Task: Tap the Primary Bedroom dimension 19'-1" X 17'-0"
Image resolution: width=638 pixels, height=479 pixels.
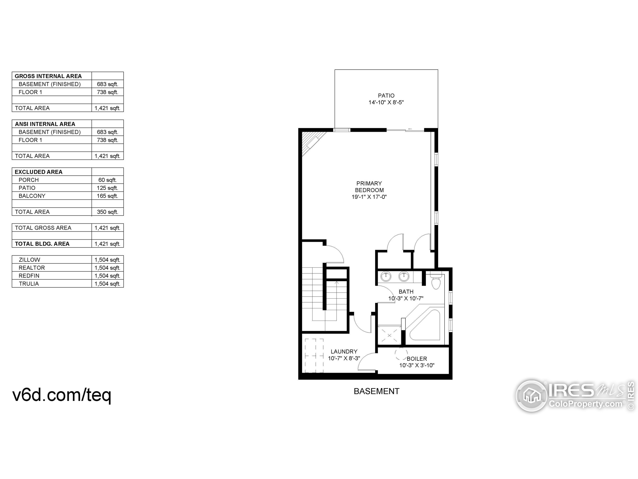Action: pyautogui.click(x=369, y=197)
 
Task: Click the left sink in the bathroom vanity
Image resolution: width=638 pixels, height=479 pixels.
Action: pyautogui.click(x=386, y=276)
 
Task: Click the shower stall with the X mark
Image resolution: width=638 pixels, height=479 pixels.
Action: pyautogui.click(x=389, y=335)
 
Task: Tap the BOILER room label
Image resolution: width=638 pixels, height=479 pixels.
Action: pyautogui.click(x=417, y=359)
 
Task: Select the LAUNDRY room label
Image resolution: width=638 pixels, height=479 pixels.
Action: pyautogui.click(x=344, y=351)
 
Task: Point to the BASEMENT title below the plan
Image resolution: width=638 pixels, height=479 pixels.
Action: pyautogui.click(x=376, y=391)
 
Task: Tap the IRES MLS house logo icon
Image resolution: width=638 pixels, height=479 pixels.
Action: pyautogui.click(x=531, y=396)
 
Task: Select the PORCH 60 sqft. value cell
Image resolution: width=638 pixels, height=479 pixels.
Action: pyautogui.click(x=107, y=180)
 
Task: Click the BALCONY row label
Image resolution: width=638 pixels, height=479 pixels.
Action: pyautogui.click(x=32, y=196)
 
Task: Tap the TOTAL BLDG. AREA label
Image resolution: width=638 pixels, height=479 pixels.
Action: pyautogui.click(x=42, y=244)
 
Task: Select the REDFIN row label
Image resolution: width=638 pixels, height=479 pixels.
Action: pyautogui.click(x=29, y=275)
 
